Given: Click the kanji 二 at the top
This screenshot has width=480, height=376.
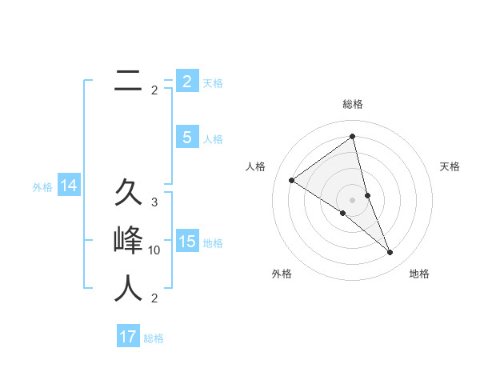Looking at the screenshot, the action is click(128, 80).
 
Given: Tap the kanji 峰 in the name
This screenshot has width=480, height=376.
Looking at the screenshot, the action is click(128, 240).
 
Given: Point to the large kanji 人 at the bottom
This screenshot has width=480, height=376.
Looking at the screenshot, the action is click(128, 288).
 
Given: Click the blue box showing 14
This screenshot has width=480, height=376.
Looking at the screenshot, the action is click(69, 186).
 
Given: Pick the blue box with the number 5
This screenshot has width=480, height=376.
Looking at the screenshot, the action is click(186, 138).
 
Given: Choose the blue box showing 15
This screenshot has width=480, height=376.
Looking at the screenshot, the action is click(186, 242).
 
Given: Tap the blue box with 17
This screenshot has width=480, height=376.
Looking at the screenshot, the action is click(128, 337).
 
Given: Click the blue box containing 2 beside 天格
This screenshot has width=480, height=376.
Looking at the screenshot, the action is click(186, 82).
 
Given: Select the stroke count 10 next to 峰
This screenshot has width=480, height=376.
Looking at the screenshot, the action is click(154, 250).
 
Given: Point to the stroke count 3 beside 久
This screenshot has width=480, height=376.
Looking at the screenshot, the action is click(154, 202).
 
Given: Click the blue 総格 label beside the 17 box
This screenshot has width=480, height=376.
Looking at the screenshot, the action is click(154, 338).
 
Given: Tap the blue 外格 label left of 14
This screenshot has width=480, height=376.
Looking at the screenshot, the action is click(42, 187).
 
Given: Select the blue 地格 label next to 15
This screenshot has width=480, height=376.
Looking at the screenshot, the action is click(213, 243).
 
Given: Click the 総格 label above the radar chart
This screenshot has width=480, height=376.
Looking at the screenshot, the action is click(352, 104).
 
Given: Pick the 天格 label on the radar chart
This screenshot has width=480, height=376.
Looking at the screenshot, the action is click(450, 166).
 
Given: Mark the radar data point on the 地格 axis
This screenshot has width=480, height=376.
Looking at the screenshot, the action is click(390, 253).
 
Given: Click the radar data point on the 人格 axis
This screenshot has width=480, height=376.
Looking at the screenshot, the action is click(292, 180).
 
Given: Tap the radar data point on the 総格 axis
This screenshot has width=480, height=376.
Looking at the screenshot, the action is click(352, 137).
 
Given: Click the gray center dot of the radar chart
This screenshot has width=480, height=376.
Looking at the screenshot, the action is click(352, 199).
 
